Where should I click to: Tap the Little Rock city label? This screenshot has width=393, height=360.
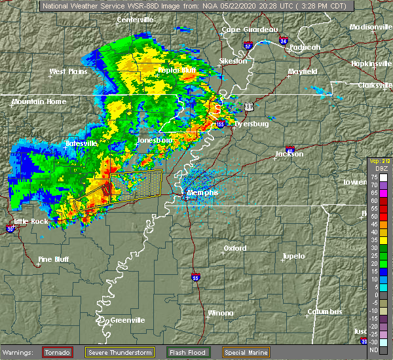[x=30, y=221]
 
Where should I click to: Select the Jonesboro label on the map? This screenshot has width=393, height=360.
[x=154, y=140]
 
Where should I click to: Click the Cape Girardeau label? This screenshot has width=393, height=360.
[x=250, y=29]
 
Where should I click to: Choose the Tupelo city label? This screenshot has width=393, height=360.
[x=294, y=256]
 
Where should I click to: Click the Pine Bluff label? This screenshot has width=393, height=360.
[x=54, y=259]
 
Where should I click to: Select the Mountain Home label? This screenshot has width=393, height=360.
[x=39, y=102]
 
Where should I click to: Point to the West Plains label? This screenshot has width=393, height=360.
[x=68, y=71]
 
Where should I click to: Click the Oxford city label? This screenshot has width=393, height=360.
[x=235, y=248]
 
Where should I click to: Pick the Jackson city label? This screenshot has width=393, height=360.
[x=289, y=154]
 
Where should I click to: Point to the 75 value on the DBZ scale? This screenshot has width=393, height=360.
[x=373, y=177]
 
